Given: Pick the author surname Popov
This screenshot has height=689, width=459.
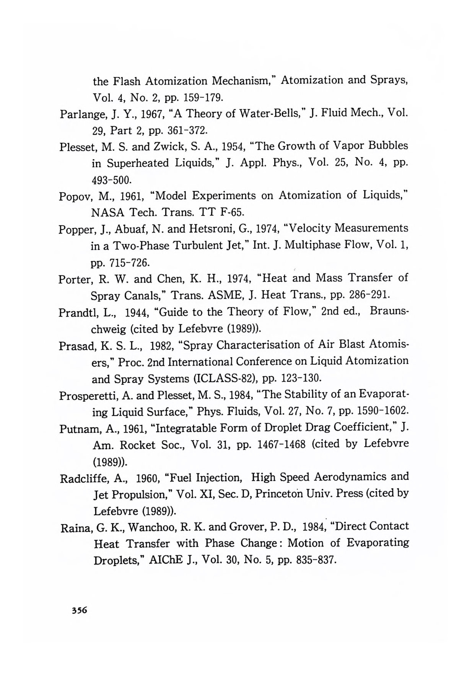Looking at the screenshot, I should click(75, 197).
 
